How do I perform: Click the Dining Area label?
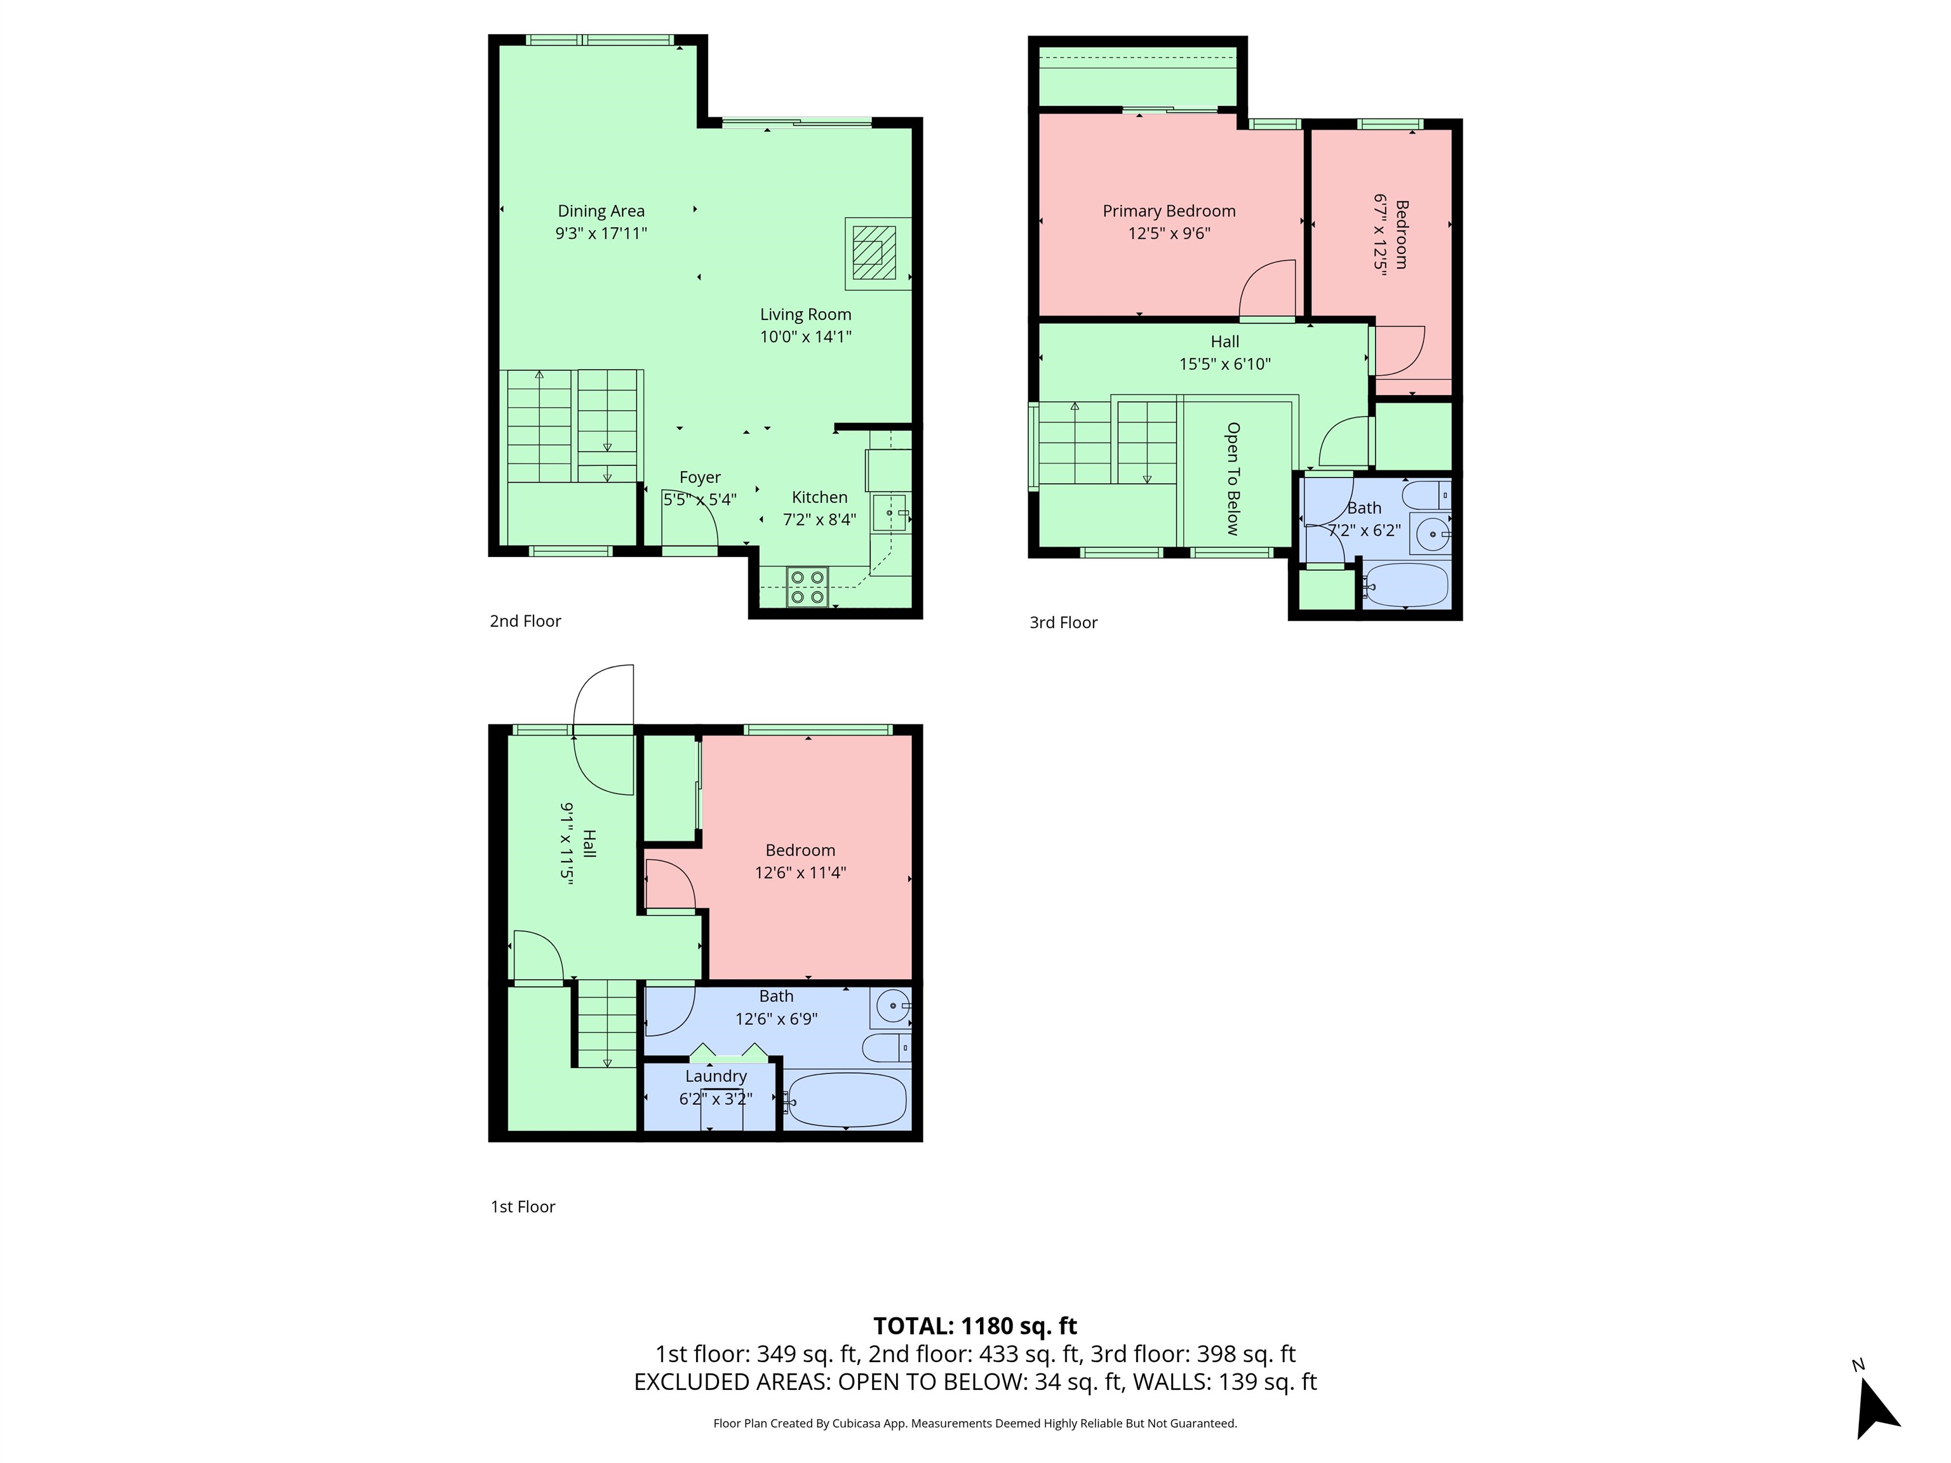point(601,211)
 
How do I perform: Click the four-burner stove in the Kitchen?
point(808,587)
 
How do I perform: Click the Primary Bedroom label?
point(1169,211)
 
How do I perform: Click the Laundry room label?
point(715,1076)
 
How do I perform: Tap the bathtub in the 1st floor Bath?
point(846,1100)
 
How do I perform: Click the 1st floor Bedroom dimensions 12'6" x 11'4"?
point(800,873)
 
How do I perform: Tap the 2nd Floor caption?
point(526,621)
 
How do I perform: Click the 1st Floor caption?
point(523,1206)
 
